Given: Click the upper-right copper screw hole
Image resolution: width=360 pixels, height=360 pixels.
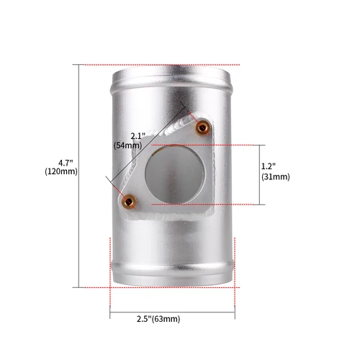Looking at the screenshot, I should pyautogui.click(x=202, y=127).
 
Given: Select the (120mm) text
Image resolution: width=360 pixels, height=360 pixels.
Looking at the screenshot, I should pyautogui.click(x=60, y=172).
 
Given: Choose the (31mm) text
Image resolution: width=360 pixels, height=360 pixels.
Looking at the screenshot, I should pyautogui.click(x=276, y=176).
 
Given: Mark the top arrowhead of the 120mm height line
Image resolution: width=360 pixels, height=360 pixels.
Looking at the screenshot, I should pyautogui.click(x=78, y=66).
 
